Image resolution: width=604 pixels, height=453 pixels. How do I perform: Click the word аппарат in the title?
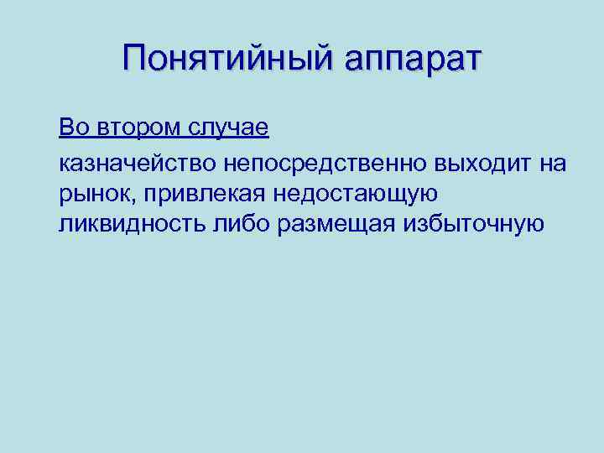point(402,60)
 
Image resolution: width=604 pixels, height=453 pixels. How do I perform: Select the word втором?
point(134,128)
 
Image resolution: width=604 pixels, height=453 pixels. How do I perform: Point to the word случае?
point(226,129)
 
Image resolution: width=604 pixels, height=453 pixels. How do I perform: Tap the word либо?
point(245,224)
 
